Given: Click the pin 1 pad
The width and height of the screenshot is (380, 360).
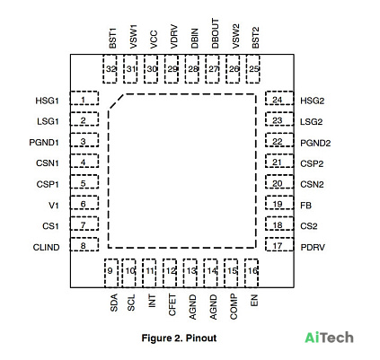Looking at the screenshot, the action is coord(84,98).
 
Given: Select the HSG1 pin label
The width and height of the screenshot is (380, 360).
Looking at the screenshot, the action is coord(47,101).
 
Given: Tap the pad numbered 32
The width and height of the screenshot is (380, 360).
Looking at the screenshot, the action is coord(110,69).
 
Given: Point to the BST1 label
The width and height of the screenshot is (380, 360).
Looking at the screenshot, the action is coord(112,38).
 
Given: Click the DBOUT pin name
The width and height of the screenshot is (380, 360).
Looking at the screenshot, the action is coord(215,33).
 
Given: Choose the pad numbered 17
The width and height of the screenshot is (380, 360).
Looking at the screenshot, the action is coord(279,244).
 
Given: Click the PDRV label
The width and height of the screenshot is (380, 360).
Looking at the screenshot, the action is coord(313,248).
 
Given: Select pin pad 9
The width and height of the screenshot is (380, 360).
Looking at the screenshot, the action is coord(111,273).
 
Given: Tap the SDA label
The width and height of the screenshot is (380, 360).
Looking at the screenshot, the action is coord(114,303).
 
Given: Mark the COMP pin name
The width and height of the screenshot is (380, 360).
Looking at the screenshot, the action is coord(234,306).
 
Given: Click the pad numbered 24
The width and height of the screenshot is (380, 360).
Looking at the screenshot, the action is coord(279,98).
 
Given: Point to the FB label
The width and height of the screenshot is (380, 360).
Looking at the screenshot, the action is coord(306,206).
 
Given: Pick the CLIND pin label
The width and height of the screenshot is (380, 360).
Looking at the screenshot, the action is coord(46,248).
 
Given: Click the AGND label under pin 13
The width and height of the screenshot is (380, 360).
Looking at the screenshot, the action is coord(193,307).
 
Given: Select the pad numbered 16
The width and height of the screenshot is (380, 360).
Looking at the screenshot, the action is coord(252,273).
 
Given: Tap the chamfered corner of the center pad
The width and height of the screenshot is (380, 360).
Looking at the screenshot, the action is coord(116,101).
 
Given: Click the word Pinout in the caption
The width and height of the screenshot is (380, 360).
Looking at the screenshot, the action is coord(201,338).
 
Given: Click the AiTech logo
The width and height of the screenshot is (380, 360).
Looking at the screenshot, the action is coord(329,338).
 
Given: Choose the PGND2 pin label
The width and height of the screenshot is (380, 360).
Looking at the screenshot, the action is coord(315,143).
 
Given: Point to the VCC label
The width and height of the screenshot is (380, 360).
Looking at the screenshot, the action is coord(154,40).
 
